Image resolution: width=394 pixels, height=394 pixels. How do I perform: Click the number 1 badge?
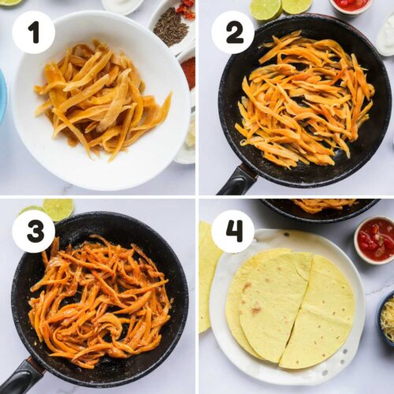click(34, 32)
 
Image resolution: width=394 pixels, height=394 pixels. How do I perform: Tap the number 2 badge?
click(233, 32)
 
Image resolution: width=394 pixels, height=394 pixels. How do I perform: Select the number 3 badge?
click(34, 232)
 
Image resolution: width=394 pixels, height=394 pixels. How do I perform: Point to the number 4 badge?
click(233, 232)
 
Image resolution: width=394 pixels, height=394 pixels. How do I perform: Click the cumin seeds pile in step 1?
click(171, 26)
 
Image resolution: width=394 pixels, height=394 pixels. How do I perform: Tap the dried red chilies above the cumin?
click(187, 10)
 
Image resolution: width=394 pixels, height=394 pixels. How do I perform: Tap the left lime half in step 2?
click(266, 9)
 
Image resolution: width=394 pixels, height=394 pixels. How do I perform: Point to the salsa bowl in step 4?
click(374, 240)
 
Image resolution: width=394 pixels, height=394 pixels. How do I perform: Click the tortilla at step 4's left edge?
click(207, 276)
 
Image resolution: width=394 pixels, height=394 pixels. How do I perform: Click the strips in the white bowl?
click(102, 101)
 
